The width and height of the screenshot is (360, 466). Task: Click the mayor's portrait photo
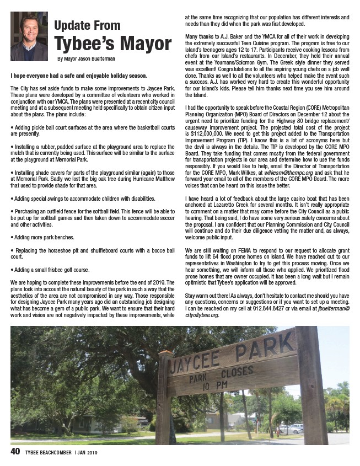[x=29, y=36]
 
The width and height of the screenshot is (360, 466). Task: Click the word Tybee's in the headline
[x=82, y=44]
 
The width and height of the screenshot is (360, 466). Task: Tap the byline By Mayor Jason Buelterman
[x=86, y=59]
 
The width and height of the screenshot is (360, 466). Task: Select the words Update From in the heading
[x=87, y=25]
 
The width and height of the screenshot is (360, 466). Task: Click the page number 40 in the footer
[x=15, y=452]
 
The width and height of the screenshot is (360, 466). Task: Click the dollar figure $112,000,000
[x=205, y=133]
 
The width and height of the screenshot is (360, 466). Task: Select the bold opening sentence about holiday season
[x=78, y=74]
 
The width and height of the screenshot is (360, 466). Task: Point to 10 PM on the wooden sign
[x=215, y=384]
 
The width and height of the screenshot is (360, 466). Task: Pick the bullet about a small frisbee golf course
[x=50, y=270]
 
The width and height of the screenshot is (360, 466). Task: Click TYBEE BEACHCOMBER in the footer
[x=49, y=453]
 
